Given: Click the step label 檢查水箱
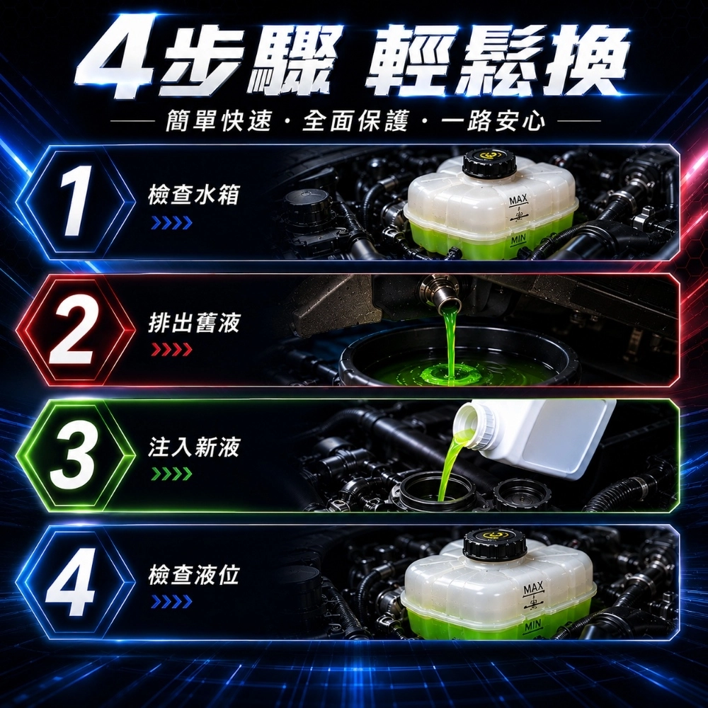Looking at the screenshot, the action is (193, 195).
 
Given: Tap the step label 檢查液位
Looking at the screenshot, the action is (193, 574).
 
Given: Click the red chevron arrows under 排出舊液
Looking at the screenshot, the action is (172, 350).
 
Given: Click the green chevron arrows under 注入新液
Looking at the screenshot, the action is (172, 474).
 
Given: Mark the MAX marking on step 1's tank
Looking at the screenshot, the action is (518, 200).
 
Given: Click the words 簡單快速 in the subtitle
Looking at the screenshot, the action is (219, 120).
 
